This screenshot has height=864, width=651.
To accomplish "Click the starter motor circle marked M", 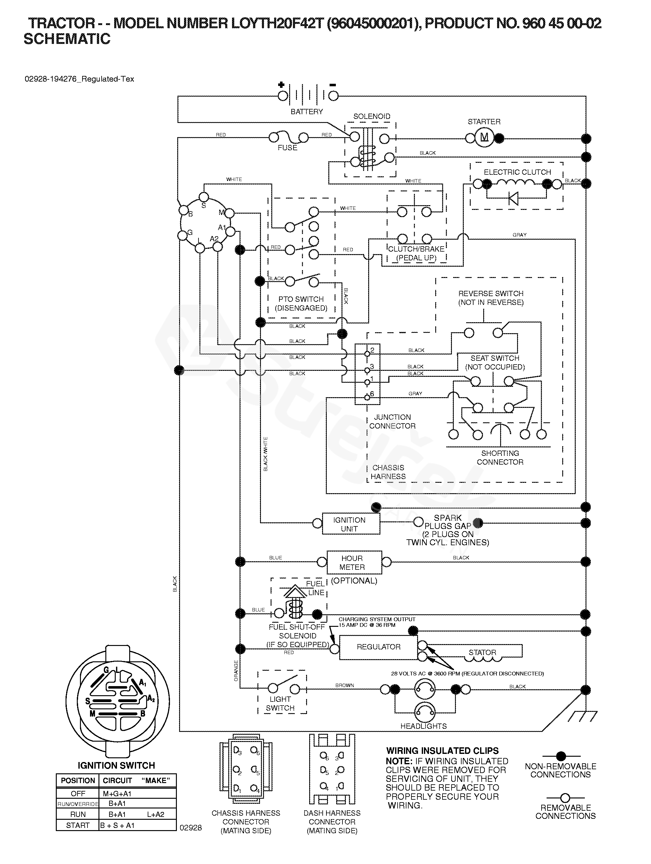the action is [484, 137].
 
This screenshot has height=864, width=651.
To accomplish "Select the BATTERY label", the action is [307, 112].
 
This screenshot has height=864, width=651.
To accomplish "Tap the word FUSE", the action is [288, 148].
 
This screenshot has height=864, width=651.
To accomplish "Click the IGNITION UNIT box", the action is [351, 524].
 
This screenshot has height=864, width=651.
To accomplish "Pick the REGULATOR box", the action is [378, 647].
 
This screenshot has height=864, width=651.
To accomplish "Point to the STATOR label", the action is [482, 652].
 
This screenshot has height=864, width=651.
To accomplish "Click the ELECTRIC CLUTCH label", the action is [517, 172].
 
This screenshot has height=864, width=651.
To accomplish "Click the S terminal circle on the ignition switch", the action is [204, 196].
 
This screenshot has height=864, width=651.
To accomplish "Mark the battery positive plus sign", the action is [281, 84].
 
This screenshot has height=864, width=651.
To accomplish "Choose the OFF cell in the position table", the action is [78, 794].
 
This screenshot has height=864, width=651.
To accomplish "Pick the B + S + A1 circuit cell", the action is [117, 825].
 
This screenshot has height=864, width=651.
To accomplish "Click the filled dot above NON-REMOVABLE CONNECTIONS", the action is [561, 756].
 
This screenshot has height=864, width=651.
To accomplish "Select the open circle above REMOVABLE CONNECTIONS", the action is [565, 797].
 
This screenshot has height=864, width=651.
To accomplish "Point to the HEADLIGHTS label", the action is [423, 726].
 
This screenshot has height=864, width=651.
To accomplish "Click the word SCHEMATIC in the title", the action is [67, 39].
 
